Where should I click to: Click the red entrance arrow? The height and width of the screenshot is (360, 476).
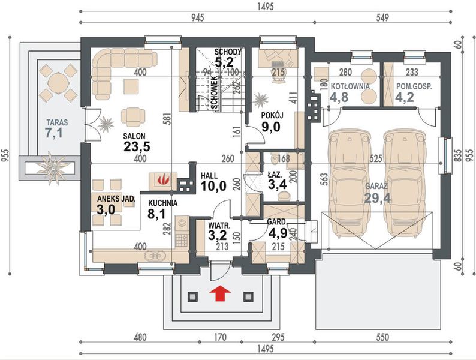pyautogui.click(x=220, y=293)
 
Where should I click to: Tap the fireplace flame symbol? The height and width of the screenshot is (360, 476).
pyautogui.click(x=163, y=179)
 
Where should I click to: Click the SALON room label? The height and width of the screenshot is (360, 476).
pyautogui.click(x=134, y=136)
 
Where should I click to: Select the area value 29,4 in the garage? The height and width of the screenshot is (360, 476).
pyautogui.click(x=377, y=198)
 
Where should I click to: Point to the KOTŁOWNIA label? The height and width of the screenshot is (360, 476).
pyautogui.click(x=350, y=86)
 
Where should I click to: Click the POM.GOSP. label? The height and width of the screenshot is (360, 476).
pyautogui.click(x=414, y=86)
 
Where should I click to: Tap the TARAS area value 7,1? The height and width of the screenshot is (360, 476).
pyautogui.click(x=54, y=133)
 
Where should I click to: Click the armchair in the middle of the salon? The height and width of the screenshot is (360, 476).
pyautogui.click(x=133, y=116)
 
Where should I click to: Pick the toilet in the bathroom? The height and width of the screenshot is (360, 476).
pyautogui.click(x=275, y=158)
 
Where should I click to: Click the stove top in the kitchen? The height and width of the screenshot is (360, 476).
pyautogui.click(x=182, y=240)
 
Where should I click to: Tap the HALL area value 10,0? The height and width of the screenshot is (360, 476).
pyautogui.click(x=213, y=185)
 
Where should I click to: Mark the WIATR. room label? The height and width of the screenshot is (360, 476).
pyautogui.click(x=219, y=226)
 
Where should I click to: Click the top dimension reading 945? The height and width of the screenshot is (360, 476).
pyautogui.click(x=197, y=17)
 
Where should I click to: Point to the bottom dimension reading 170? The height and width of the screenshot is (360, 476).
pyautogui.click(x=220, y=337)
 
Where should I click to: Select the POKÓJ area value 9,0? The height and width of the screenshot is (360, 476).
pyautogui.click(x=271, y=127)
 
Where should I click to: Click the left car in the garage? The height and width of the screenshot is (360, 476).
pyautogui.click(x=350, y=183)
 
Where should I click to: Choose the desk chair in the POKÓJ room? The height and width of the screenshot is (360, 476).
pyautogui.click(x=278, y=74)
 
